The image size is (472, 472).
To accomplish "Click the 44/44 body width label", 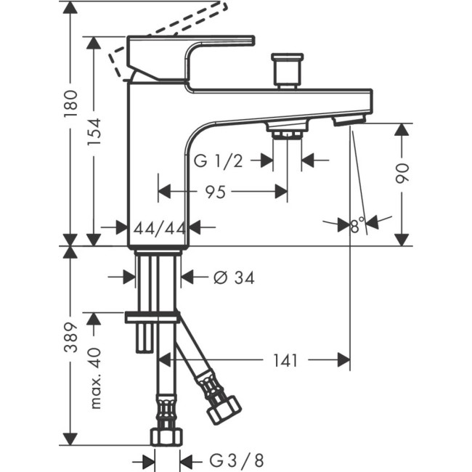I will click(158, 227).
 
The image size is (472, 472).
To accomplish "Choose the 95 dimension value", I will click(215, 192).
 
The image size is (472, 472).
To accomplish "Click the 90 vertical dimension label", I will click(404, 173).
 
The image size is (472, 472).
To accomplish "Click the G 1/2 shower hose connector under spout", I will click(287, 130).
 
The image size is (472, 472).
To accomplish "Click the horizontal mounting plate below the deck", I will click(152, 317).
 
